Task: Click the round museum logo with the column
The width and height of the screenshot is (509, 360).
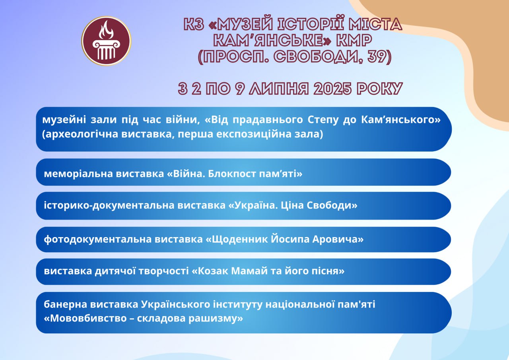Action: [x=106, y=41]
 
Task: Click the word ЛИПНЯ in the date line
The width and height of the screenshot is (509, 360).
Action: [x=279, y=88]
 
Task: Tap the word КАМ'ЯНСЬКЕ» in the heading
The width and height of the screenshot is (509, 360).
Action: [x=272, y=40]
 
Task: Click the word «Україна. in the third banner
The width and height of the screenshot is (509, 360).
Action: [x=253, y=205]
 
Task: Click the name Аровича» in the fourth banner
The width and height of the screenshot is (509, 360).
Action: [x=338, y=239]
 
